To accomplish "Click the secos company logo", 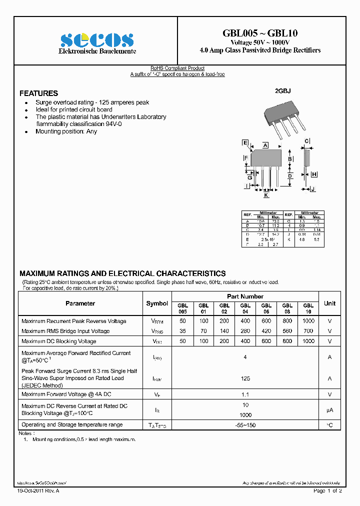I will (96, 40).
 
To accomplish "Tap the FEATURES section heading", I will (38, 93).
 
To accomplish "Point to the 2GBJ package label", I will (282, 91).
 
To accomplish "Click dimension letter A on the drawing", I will (265, 145).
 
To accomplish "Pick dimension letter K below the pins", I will (266, 195).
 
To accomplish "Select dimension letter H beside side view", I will (314, 174).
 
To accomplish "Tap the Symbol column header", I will (157, 303).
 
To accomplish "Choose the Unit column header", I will (329, 303).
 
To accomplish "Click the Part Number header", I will (245, 296).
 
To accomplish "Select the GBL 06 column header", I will (266, 308).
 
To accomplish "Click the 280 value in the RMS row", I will (245, 331).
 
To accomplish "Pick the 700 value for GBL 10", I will (308, 331).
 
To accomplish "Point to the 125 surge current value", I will (245, 378).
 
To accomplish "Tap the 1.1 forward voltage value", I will (245, 394).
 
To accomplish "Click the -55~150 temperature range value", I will (245, 425).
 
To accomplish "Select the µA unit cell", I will (329, 410).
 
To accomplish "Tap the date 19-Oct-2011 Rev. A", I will (38, 491).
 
